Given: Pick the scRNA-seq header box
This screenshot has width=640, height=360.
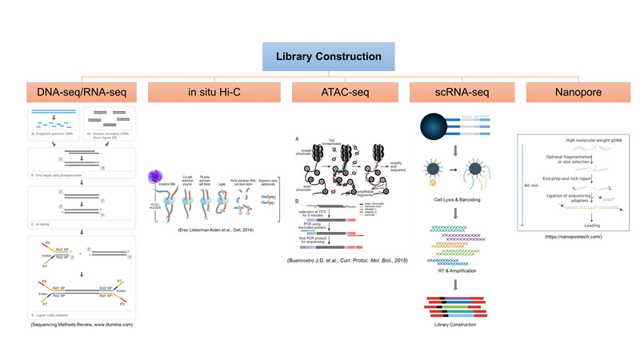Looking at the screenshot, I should click(x=445, y=94).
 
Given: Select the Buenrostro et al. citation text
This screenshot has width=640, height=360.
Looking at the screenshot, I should click(x=330, y=261).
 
